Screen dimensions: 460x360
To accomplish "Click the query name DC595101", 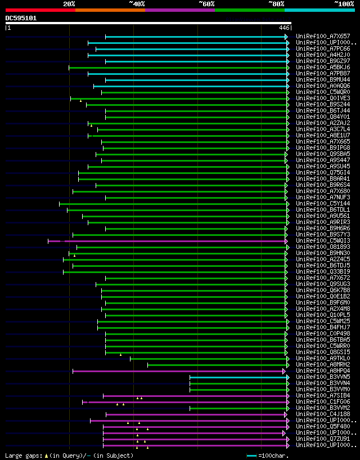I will pos(21,18).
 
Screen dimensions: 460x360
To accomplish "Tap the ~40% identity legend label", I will pos(137,3).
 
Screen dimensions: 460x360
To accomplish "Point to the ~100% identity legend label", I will pos(344,3).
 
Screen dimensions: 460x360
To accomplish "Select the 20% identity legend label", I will pos(69,3).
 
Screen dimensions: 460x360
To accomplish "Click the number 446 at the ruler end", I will pos(284,27).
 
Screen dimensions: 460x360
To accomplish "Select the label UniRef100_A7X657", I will pos(323,36).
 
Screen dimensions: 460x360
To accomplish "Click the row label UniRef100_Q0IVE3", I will pos(323,98).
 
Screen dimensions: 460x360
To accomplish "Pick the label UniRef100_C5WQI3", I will pos(323,240).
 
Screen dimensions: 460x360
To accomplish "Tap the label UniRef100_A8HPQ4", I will pos(323,370).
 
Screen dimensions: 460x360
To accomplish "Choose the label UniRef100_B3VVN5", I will pos(323,377).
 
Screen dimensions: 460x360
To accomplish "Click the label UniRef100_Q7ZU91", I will pos(323,439).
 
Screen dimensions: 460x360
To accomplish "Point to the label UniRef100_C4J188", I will pos(323,414).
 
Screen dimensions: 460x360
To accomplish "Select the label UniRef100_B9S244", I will pos(323,104).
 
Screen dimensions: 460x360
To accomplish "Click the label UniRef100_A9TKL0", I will pos(323,358).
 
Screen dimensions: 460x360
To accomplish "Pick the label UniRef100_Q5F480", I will pos(323,426).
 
